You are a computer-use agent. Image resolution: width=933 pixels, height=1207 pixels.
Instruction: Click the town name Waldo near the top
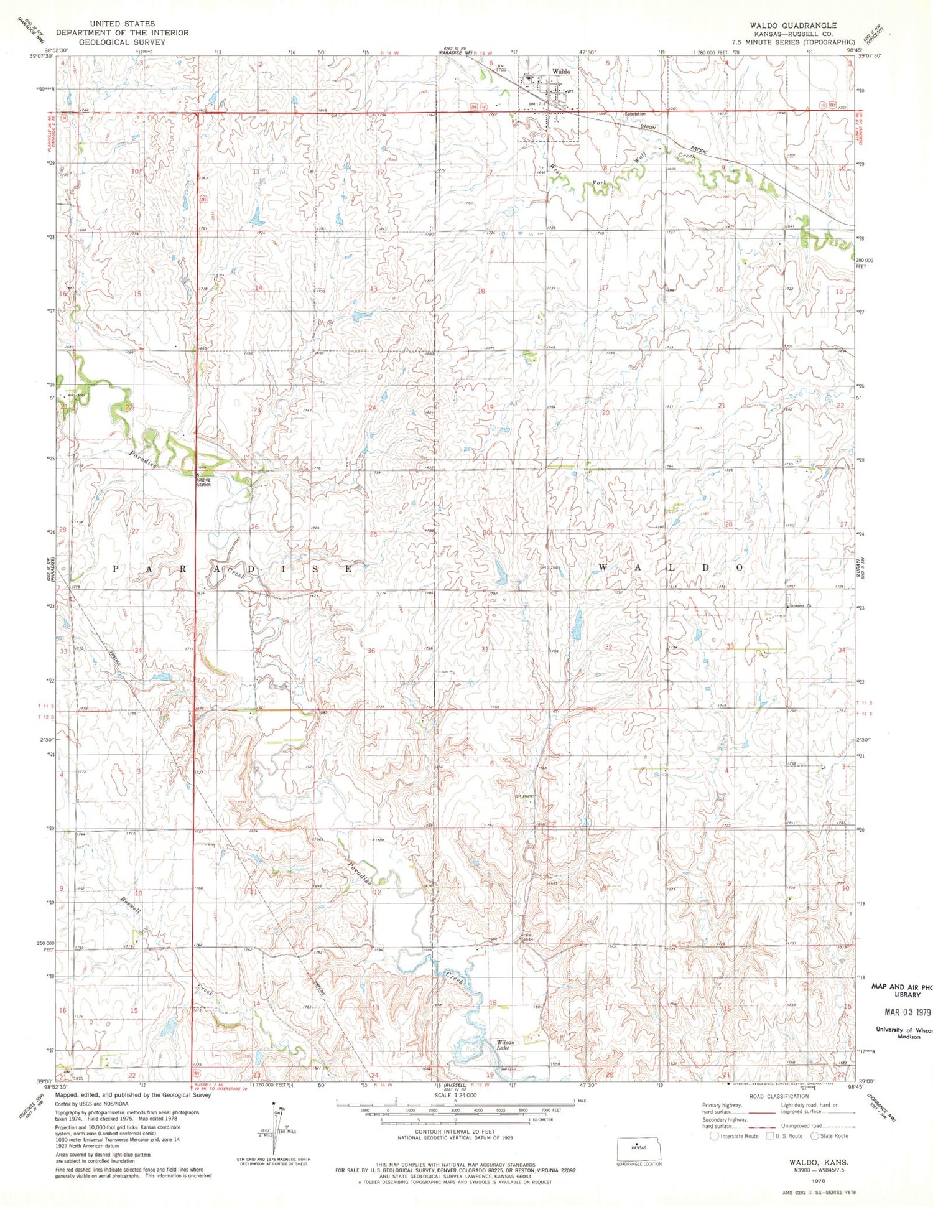pos(560,72)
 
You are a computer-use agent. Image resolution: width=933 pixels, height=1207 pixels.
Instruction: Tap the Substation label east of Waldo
pos(635,114)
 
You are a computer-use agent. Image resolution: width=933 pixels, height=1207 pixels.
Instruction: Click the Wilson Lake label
pos(505,1045)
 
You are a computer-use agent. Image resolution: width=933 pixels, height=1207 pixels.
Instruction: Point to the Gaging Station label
pos(203,482)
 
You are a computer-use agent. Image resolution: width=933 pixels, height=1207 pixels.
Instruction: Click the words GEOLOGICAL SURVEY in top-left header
pos(118,42)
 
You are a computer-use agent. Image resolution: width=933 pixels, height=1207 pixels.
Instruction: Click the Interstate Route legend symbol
pos(713,1136)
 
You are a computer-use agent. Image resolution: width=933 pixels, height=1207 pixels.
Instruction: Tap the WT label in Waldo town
pos(569,91)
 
